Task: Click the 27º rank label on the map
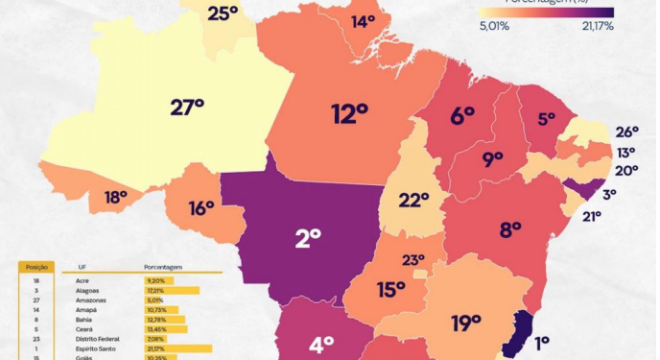coord(187,108)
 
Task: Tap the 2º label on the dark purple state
coord(308,237)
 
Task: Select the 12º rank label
coord(350,115)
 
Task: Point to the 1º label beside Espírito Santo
coord(543,342)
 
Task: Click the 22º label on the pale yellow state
coord(413,200)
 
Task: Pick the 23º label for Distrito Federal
coord(413,259)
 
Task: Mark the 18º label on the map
coord(116,198)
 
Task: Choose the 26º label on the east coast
coord(626,132)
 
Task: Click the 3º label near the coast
coord(609,194)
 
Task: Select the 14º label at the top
coord(363,21)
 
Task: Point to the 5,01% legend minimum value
coord(493,26)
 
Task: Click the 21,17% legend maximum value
coord(597,26)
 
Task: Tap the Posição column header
coord(37,266)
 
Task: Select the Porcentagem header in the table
coord(163,268)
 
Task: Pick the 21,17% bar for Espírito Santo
coord(178,348)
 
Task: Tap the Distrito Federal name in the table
coord(97,338)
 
